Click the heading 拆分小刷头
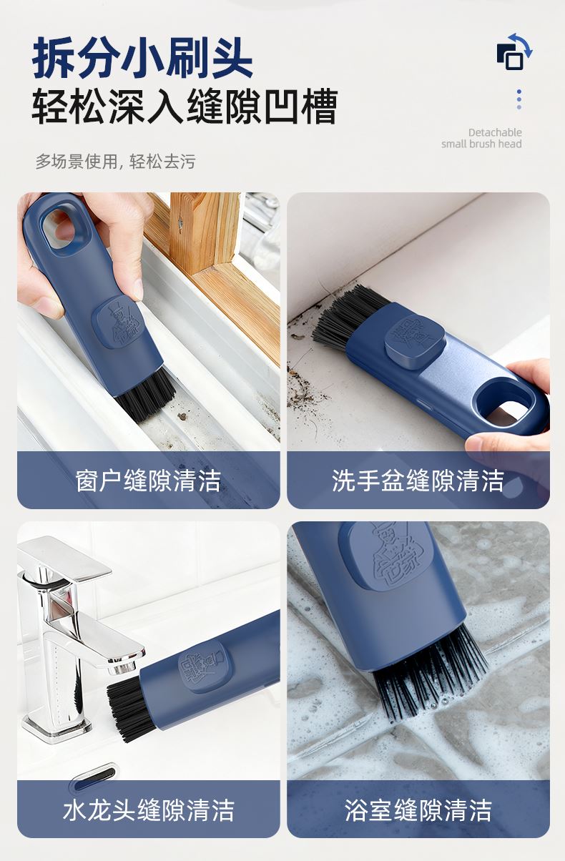(142, 58)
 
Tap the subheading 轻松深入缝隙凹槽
(185, 106)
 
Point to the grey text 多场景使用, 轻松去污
(116, 162)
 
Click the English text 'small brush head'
(481, 144)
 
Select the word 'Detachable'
(495, 132)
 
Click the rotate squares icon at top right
(514, 53)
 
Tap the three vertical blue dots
(519, 99)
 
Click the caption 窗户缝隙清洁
(148, 481)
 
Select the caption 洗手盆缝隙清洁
(418, 481)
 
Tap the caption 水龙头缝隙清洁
(148, 810)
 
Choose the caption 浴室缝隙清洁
(418, 810)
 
